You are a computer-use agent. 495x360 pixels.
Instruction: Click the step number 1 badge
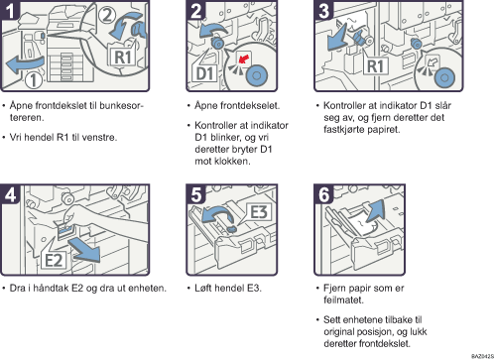point(10,10)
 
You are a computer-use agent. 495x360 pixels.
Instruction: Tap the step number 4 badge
point(10,194)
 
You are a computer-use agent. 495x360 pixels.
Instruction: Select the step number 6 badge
point(323,194)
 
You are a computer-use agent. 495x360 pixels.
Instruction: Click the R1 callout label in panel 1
point(122,57)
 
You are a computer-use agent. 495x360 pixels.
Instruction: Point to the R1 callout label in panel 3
point(376,66)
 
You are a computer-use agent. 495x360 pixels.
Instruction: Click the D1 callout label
point(205,73)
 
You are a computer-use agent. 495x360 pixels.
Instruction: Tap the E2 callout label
point(54,260)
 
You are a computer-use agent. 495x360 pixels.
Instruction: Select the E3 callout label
point(259,212)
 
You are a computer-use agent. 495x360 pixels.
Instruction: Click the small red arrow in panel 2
point(244,59)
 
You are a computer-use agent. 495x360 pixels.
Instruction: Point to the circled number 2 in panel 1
point(107,15)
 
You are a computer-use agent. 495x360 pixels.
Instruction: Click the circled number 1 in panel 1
point(34,80)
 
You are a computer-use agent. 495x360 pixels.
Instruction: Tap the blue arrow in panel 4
point(85,250)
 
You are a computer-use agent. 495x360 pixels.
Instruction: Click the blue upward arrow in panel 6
point(374,210)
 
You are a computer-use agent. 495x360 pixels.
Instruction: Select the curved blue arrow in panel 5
point(216,213)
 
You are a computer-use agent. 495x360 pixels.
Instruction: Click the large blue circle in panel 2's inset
point(257,75)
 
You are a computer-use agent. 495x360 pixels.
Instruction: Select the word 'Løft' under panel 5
point(202,288)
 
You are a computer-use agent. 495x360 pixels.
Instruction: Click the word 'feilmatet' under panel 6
point(344,300)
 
